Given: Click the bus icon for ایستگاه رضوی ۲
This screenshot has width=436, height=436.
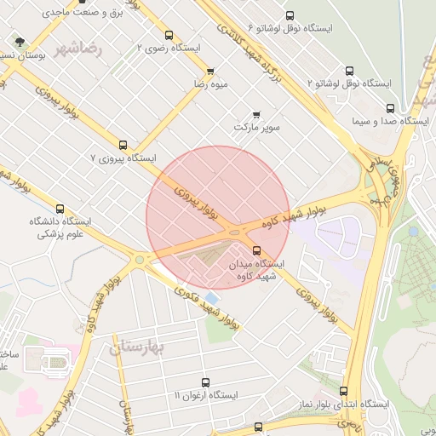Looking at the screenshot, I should (169, 36).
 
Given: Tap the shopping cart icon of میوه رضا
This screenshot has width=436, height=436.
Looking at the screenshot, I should (210, 71).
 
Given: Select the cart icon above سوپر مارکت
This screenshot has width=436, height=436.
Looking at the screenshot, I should (256, 114).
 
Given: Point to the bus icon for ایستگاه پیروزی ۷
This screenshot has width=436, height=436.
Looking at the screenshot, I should (123, 146).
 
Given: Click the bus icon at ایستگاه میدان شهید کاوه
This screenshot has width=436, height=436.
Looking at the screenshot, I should (257, 250).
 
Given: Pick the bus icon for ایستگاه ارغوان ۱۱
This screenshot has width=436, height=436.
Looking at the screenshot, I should (205, 383).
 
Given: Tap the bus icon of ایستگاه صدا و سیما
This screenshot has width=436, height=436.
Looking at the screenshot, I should (390, 108).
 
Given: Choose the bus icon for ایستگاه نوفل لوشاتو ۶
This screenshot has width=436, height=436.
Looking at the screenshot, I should (290, 16).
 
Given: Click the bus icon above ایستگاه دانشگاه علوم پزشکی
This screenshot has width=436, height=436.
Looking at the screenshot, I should (60, 209).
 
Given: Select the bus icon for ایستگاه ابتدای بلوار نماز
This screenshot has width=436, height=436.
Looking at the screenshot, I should (343, 391).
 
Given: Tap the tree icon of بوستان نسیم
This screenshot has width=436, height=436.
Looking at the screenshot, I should (19, 42).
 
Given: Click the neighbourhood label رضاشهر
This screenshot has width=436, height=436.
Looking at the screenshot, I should (77, 49).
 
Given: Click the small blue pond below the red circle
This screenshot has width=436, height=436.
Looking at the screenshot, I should (211, 297).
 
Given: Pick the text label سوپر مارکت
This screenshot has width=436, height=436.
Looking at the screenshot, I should (256, 127).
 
